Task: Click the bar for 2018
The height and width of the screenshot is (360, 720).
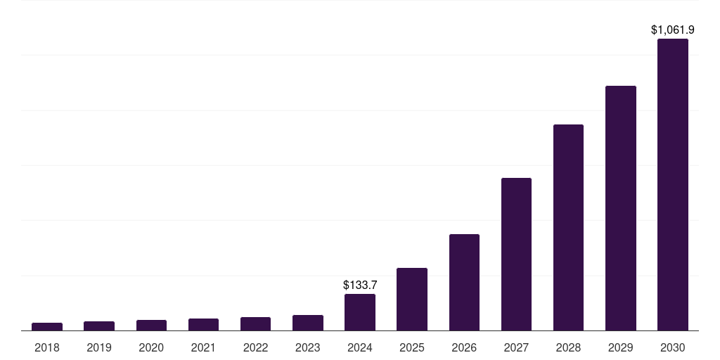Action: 47,326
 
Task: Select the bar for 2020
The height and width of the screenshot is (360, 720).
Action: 151,325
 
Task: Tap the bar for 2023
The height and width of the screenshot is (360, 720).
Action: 308,323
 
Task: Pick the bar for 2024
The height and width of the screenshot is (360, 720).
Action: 360,312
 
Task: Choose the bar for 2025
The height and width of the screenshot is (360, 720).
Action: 412,299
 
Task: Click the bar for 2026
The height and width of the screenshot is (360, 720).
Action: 464,282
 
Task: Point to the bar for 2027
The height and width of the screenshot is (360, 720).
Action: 516,254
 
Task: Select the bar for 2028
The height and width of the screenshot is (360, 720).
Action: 568,227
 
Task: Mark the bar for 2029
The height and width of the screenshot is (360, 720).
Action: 621,208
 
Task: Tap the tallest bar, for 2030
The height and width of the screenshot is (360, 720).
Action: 673,184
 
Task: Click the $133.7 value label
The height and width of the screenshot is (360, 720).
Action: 360,285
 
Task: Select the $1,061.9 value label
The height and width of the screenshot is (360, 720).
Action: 673,30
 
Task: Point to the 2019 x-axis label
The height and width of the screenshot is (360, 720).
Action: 99,347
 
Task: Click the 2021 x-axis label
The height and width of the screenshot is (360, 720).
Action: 203,347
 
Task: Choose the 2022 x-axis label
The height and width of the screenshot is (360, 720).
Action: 255,347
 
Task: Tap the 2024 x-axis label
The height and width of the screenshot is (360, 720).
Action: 360,347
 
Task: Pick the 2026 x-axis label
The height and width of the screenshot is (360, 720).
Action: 464,347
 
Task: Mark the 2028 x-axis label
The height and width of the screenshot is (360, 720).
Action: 568,347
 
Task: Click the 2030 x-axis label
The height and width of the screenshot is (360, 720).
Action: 673,347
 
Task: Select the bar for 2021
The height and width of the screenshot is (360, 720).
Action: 203,324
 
